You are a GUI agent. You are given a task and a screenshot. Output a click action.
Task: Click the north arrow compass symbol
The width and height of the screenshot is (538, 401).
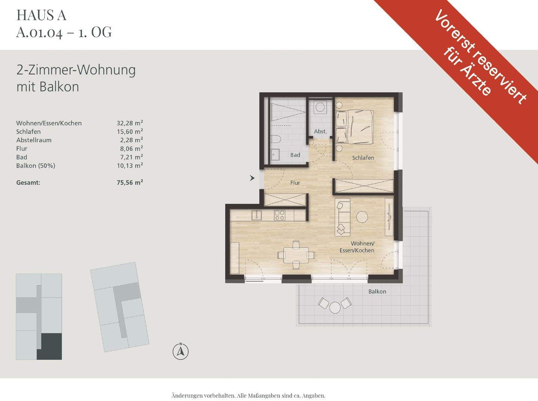[x=180, y=351]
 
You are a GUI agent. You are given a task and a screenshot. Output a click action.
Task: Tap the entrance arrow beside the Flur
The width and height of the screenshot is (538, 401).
[x=253, y=178]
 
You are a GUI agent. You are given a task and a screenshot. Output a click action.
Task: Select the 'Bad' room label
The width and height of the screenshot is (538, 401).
[x=295, y=155]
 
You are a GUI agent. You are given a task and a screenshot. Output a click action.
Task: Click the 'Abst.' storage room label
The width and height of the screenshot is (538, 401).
[x=320, y=131]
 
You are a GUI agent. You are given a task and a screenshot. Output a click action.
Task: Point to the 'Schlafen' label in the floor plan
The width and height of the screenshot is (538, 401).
[x=363, y=158]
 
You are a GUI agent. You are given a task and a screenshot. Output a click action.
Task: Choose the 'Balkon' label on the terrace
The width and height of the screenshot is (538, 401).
[x=377, y=292]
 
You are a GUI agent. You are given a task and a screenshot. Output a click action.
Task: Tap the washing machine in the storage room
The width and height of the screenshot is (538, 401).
[x=320, y=107]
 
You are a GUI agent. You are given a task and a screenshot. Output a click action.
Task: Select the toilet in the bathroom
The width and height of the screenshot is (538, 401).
[x=275, y=140]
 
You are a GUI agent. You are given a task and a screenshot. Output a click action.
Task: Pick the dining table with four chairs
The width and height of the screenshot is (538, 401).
[x=296, y=255]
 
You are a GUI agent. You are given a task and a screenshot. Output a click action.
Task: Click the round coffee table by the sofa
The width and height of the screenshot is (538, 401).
[x=362, y=217]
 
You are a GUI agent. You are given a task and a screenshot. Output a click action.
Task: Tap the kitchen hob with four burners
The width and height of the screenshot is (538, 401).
[x=280, y=215]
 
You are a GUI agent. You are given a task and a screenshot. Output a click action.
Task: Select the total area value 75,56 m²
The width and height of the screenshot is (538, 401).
[x=130, y=183]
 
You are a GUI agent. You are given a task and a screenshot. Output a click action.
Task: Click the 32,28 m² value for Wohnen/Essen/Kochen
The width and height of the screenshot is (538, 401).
[x=130, y=123]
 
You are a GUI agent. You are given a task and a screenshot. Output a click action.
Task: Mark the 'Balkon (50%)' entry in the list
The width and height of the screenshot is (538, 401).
[x=35, y=166]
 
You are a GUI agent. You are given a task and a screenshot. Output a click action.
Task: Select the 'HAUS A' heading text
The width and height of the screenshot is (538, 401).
[x=41, y=15]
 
